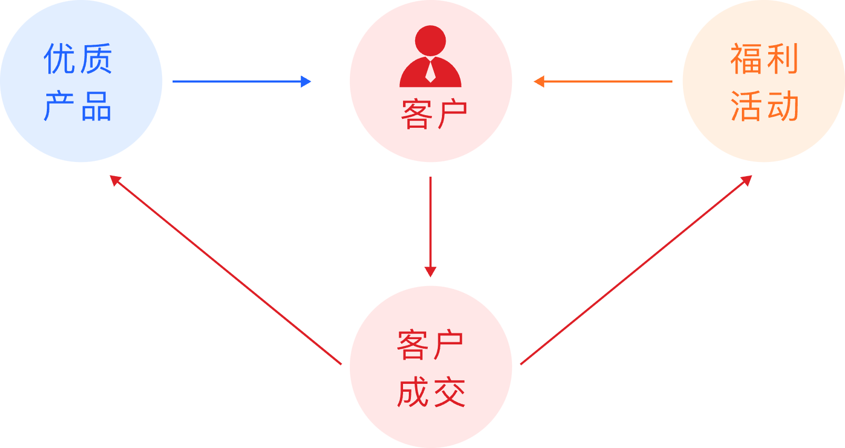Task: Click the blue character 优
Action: coord(59,59)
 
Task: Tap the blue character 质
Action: coord(96,59)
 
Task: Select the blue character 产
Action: coord(59,106)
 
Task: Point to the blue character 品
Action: coord(96,106)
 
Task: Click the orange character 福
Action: coord(747,59)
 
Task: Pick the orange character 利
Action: coord(783,59)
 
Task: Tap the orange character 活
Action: coord(747,106)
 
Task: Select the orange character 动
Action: coord(783,106)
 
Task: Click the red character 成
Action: coord(413,393)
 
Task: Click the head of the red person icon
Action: coord(430,40)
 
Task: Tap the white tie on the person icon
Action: coord(430,71)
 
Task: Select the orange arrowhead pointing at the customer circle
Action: coord(539,82)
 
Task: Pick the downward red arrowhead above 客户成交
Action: coord(430,271)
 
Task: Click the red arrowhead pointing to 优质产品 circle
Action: coord(115,180)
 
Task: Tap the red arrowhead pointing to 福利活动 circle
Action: coord(747,180)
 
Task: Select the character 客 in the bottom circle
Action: coord(413,345)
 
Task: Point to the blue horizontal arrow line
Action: coord(237,82)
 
